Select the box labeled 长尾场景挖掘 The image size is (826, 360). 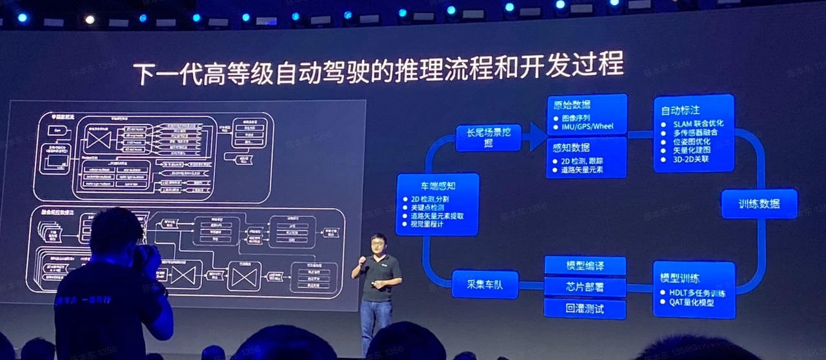487,137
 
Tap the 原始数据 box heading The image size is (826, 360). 572,105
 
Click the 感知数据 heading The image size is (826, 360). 572,147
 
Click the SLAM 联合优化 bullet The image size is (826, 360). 698,123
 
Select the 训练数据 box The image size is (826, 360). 759,204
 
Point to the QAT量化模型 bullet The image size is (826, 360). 692,303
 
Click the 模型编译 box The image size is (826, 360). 585,266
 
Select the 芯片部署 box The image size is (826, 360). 585,286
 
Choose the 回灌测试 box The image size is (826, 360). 585,308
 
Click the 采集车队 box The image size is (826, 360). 485,284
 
